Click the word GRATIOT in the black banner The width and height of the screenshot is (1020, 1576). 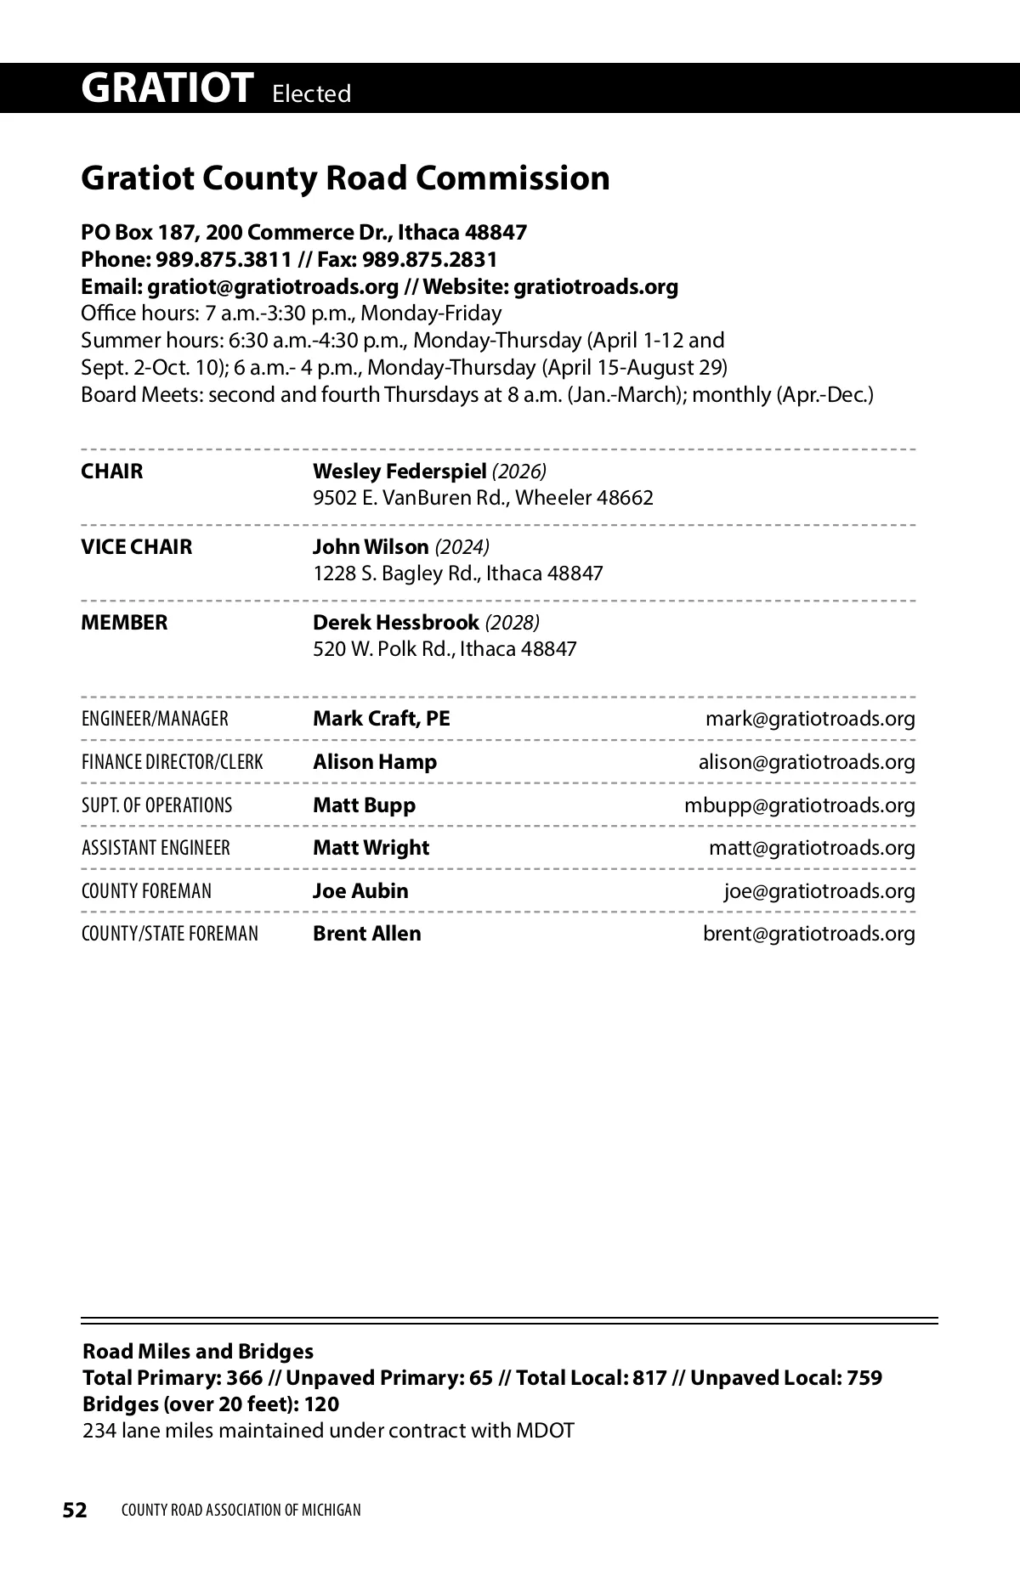[167, 88]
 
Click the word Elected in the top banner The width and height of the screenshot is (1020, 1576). [311, 93]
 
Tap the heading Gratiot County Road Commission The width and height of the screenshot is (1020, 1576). [345, 178]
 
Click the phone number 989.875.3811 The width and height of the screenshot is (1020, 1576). [224, 259]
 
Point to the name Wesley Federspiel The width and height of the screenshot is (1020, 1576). [399, 471]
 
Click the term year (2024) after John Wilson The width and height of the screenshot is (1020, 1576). [462, 546]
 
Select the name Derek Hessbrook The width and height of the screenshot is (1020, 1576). [395, 622]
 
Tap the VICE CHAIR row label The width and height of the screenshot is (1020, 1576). [137, 546]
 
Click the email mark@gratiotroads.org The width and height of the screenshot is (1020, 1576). [810, 719]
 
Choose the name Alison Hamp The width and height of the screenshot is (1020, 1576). [375, 762]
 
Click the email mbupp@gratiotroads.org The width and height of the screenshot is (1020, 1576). [800, 805]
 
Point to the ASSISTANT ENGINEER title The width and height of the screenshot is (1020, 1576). [156, 848]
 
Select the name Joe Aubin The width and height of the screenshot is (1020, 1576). [360, 890]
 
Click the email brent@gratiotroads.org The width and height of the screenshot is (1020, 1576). [808, 934]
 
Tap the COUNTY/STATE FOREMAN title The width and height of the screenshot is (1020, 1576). [170, 934]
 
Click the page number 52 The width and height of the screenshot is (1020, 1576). [75, 1510]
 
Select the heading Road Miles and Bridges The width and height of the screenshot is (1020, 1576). [198, 1351]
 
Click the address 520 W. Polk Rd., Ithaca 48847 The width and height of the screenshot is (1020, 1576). [445, 649]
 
